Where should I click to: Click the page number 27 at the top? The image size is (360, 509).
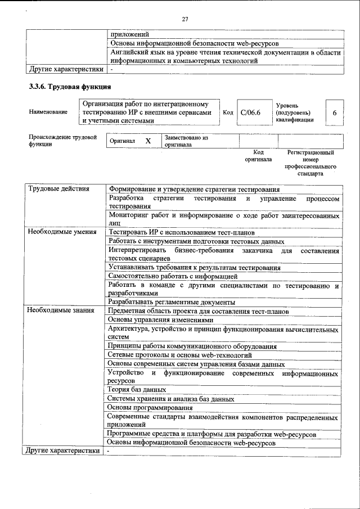tap(184, 20)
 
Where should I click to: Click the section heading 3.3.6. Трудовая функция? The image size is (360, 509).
tap(70, 87)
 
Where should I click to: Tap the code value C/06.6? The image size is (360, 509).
tap(250, 112)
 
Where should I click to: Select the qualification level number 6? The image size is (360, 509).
tap(334, 113)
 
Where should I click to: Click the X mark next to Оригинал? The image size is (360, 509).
tap(148, 141)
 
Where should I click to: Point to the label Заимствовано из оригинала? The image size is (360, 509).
tap(186, 141)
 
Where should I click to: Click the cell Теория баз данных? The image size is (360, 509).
tap(137, 389)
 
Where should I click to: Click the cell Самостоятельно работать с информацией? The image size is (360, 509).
tap(173, 276)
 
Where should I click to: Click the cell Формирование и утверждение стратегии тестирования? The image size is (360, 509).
tap(194, 189)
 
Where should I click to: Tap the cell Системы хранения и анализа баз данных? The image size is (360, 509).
tap(171, 399)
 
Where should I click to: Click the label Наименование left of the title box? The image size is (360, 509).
tap(48, 112)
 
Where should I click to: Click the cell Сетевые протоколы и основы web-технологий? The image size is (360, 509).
tap(180, 355)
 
